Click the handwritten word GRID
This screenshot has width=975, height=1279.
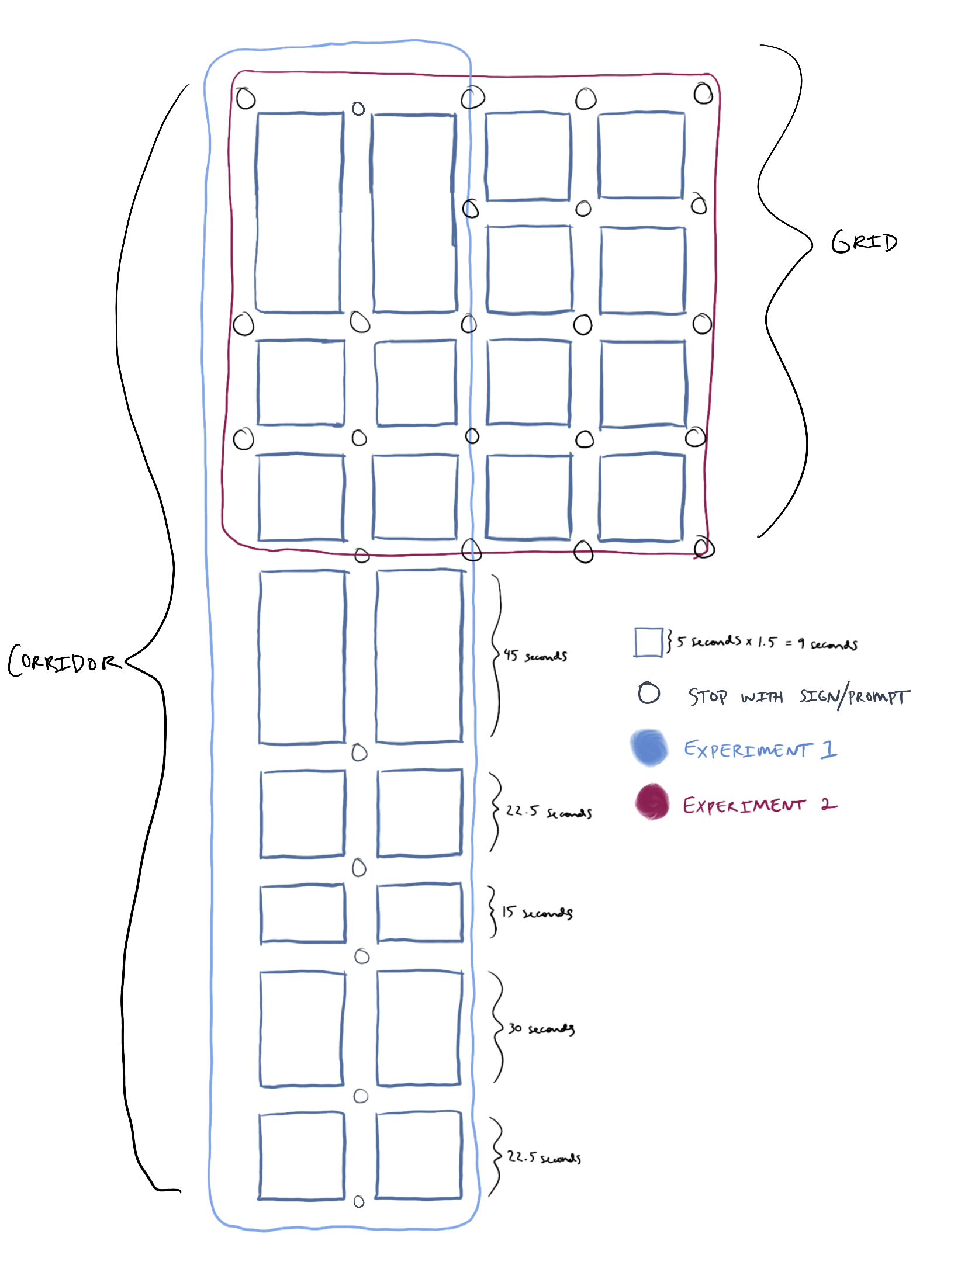pyautogui.click(x=864, y=241)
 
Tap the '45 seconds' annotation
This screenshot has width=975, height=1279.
pyautogui.click(x=535, y=656)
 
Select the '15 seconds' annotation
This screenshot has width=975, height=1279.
pyautogui.click(x=537, y=912)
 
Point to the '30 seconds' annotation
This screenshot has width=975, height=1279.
pyautogui.click(x=541, y=1028)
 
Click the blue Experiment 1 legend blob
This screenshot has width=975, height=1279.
pyautogui.click(x=649, y=748)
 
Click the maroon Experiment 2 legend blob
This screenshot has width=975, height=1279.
pyautogui.click(x=652, y=802)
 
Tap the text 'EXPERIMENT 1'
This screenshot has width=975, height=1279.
pyautogui.click(x=760, y=750)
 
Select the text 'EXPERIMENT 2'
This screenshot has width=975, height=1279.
pyautogui.click(x=760, y=805)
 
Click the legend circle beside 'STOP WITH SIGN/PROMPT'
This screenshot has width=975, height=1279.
pyautogui.click(x=649, y=694)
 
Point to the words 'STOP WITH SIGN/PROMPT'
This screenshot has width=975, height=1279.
pyautogui.click(x=798, y=696)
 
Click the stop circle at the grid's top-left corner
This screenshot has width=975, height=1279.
pyautogui.click(x=246, y=98)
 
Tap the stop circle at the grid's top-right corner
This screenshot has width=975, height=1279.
pyautogui.click(x=703, y=93)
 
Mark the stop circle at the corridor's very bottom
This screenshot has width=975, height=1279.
pyautogui.click(x=359, y=1202)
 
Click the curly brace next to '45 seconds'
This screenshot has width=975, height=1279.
pyautogui.click(x=496, y=654)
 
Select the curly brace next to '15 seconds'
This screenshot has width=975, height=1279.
pyautogui.click(x=492, y=911)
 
